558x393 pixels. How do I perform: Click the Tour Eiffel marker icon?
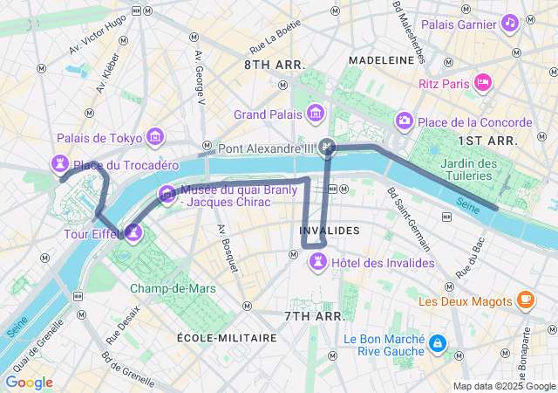pos(133,232)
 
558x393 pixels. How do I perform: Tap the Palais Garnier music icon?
pos(509,23)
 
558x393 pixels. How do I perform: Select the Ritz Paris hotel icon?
pos(483,82)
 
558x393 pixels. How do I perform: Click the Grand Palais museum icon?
pos(314,113)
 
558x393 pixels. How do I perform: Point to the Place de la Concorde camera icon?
pos(404,121)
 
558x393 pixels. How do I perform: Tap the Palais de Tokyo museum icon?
pos(156,136)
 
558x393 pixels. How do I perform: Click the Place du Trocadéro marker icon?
pos(60,162)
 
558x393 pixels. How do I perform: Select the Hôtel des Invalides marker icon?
pos(319,261)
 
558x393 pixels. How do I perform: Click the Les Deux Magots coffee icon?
pos(525,301)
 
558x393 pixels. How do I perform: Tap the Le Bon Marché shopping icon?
pos(437,344)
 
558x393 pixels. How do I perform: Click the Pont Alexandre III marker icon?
pos(327,147)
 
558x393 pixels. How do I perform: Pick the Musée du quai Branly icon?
pos(166,194)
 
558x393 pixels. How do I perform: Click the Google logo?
pos(29,383)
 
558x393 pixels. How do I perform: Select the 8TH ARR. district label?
pos(275,65)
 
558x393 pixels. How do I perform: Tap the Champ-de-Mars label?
pos(173,288)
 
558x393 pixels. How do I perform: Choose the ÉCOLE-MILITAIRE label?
pos(227,337)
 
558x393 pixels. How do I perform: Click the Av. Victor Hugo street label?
pos(98,39)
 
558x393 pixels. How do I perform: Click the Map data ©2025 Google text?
pos(503,386)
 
